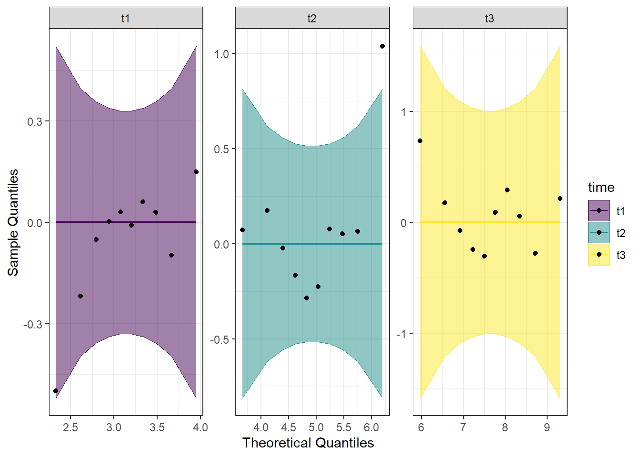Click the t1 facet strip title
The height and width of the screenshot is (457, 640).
[126, 18]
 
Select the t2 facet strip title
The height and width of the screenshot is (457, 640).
[312, 18]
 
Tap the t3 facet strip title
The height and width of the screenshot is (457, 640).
[490, 18]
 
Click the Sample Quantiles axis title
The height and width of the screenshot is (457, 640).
[13, 222]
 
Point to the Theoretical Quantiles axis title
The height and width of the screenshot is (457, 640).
[308, 443]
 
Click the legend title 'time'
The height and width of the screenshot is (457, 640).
[601, 187]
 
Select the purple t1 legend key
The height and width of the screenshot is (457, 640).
[599, 211]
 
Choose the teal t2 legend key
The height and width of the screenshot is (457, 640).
[599, 233]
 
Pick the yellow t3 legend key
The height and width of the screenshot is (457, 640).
[599, 255]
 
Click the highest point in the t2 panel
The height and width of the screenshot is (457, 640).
[382, 46]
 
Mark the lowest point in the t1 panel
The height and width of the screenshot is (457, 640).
[56, 391]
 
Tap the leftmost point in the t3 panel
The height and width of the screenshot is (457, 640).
[420, 141]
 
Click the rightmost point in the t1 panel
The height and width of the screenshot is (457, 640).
[196, 172]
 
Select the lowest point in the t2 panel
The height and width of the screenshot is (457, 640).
[307, 298]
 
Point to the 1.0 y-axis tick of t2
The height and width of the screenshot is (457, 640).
[221, 54]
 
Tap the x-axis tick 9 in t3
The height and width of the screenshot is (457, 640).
[547, 427]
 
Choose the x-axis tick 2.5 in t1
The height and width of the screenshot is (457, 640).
[70, 427]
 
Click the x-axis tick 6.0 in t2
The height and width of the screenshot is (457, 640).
[371, 427]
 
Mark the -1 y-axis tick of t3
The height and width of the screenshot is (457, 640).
[402, 334]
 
